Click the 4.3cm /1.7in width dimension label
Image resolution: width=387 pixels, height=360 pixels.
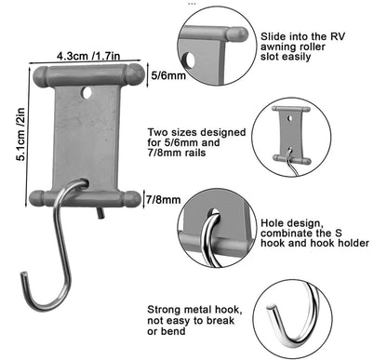pyautogui.click(x=88, y=56)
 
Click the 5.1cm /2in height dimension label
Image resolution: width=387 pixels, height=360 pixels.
pyautogui.click(x=20, y=134)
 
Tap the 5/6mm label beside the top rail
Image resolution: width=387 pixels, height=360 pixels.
pyautogui.click(x=168, y=75)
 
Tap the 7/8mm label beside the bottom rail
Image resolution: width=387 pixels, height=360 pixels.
pyautogui.click(x=163, y=199)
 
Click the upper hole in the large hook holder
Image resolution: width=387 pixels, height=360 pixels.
pyautogui.click(x=87, y=93)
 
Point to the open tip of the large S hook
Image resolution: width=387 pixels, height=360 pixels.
pyautogui.click(x=23, y=273)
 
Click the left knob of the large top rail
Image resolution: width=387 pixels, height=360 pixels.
pyautogui.click(x=41, y=76)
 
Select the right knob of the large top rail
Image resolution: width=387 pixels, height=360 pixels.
pyautogui.click(x=136, y=74)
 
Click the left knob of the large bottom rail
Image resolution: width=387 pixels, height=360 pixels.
pyautogui.click(x=37, y=199)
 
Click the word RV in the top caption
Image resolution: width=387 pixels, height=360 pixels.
pyautogui.click(x=338, y=36)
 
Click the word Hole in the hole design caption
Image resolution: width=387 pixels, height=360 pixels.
pyautogui.click(x=271, y=223)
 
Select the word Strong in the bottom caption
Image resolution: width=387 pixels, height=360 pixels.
pyautogui.click(x=164, y=310)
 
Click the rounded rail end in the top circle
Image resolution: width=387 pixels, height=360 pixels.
pyautogui.click(x=237, y=34)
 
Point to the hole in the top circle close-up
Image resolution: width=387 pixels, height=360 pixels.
pyautogui.click(x=189, y=60)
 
